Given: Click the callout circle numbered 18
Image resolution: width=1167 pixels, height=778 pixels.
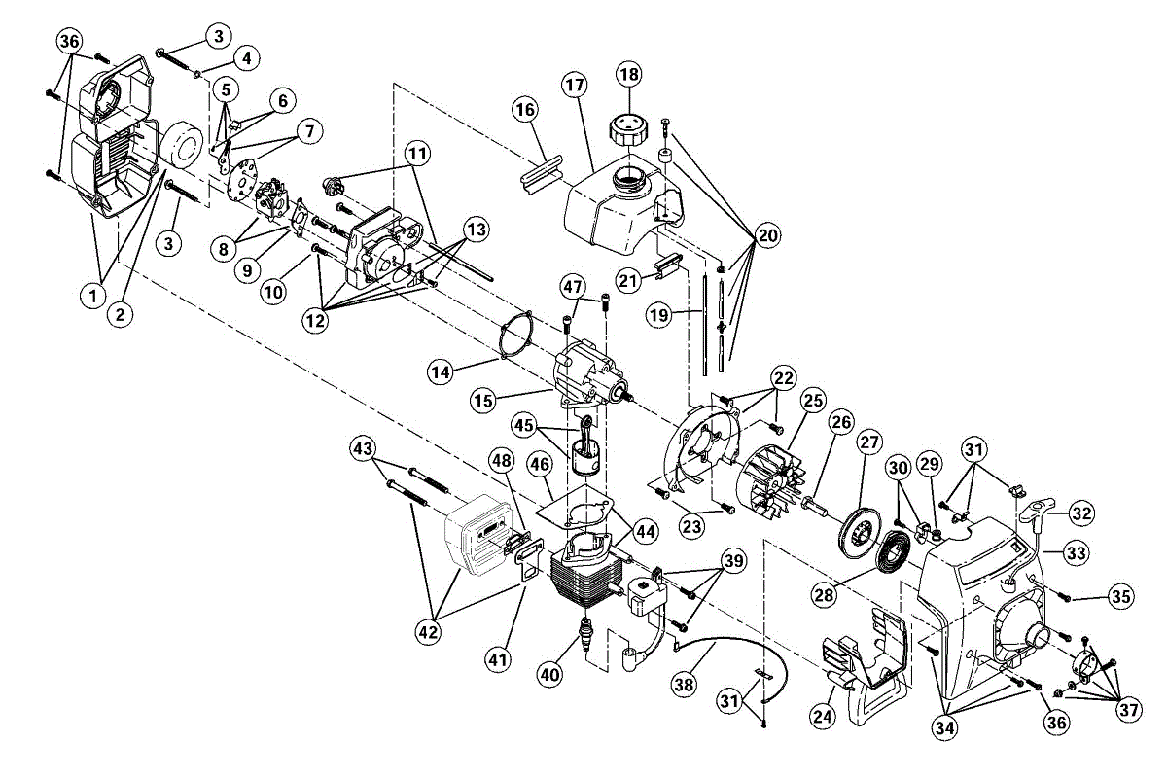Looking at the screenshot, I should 628,74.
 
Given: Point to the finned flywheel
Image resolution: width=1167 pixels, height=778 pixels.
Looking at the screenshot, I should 774,477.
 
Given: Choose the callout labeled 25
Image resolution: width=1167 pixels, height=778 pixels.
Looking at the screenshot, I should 813,401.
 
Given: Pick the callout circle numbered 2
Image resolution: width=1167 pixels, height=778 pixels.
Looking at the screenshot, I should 121,313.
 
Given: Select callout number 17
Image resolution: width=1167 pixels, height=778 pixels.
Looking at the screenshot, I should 574,86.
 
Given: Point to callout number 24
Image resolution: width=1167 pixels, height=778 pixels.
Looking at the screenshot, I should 823,717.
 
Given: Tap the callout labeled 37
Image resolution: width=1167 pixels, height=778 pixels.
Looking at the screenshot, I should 1128,711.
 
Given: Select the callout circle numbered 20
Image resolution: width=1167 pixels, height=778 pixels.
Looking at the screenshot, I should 768,234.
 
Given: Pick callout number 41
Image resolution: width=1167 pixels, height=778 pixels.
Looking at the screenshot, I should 499,660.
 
